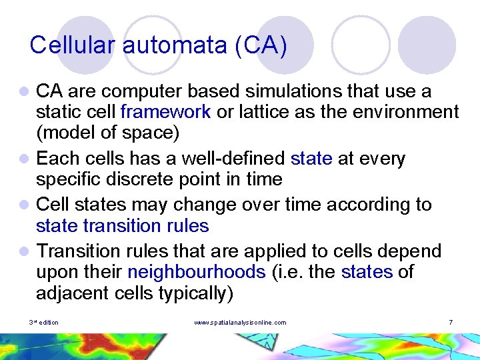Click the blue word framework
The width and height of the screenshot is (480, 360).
[x=166, y=111]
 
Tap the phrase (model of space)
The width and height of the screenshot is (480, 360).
[x=108, y=133]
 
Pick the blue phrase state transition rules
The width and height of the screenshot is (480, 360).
[x=123, y=226]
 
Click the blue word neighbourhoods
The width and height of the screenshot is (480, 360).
[x=196, y=272]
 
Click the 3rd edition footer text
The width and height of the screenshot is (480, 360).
[x=44, y=323]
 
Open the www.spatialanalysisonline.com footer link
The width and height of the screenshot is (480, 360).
[x=240, y=323]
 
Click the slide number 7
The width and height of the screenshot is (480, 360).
[x=451, y=323]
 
